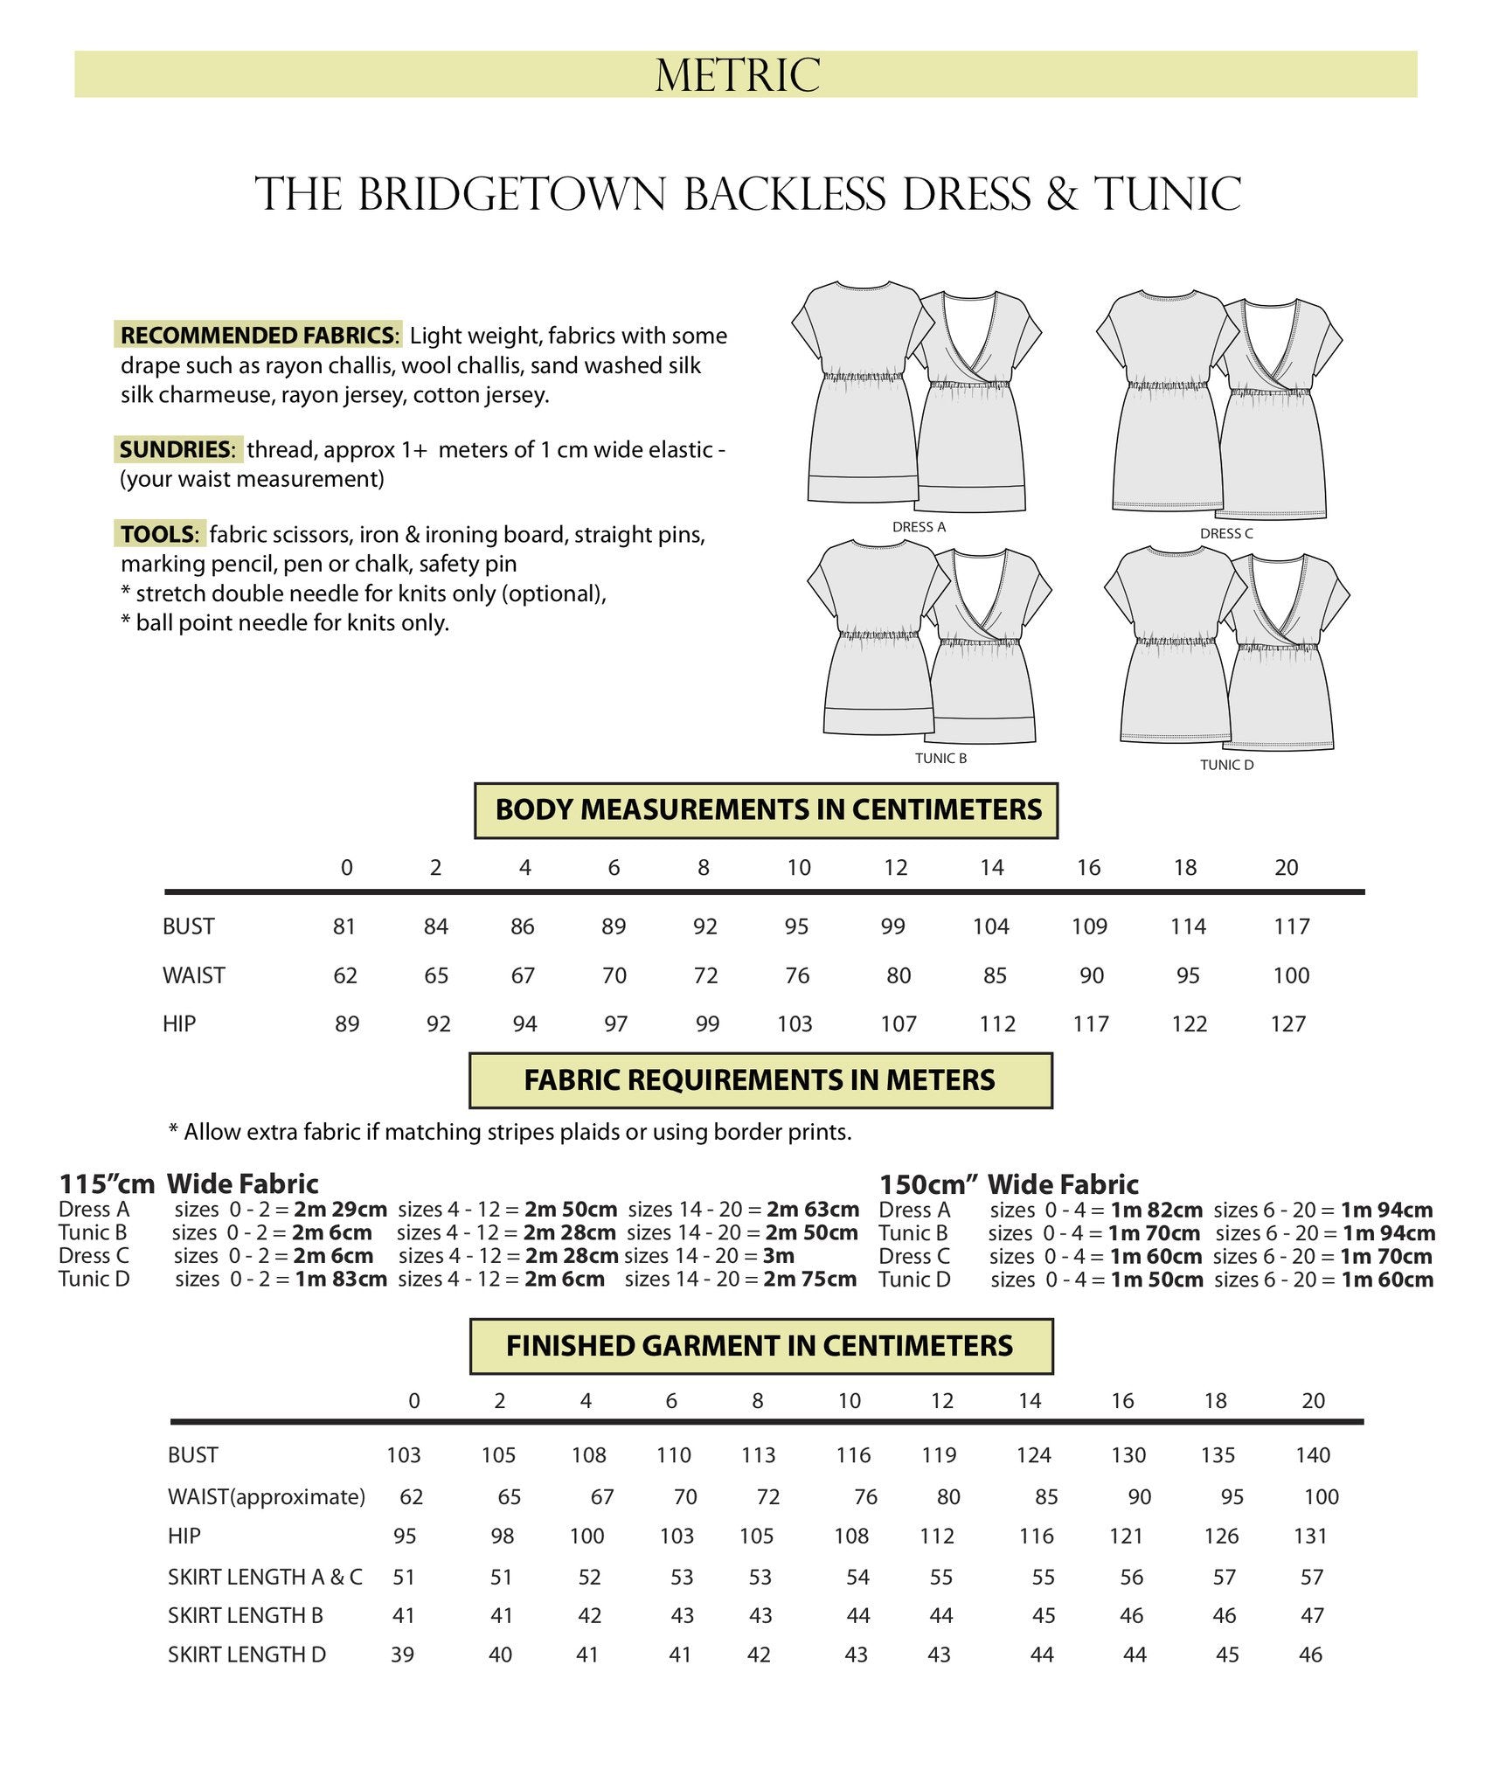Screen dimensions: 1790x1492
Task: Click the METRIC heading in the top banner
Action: click(738, 75)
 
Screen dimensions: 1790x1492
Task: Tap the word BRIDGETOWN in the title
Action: click(511, 194)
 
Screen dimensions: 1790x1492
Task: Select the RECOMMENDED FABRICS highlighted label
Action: click(258, 336)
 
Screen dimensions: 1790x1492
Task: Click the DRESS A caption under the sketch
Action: click(919, 527)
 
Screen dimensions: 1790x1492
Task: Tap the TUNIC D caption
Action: click(1226, 765)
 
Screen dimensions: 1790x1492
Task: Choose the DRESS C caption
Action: click(1226, 533)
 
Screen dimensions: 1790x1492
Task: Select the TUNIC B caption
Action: click(940, 758)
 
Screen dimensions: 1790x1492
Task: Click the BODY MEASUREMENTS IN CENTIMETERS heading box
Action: click(767, 810)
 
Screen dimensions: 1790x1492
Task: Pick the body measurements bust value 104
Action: click(991, 926)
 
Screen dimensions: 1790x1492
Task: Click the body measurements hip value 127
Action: click(1287, 1024)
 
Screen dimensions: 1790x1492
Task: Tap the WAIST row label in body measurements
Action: click(194, 975)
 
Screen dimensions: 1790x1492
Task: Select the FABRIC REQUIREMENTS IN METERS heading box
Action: click(760, 1080)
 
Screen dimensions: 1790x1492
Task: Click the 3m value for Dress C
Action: click(778, 1256)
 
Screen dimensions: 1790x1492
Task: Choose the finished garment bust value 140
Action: click(1313, 1455)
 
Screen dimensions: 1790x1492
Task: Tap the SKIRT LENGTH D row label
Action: click(246, 1655)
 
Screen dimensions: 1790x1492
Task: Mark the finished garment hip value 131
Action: click(1310, 1536)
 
